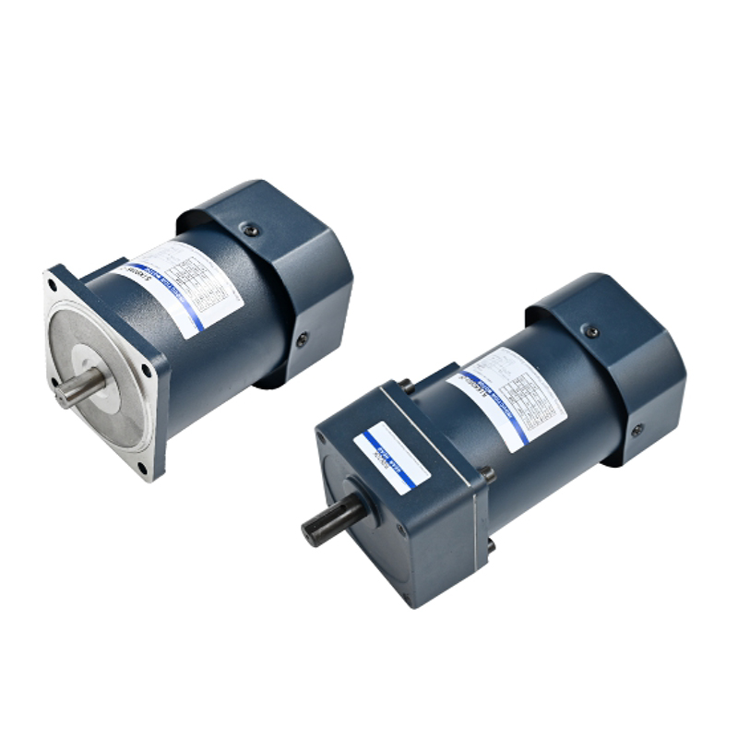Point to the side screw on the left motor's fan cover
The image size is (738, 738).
(302, 339)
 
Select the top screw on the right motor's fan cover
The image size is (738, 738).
(589, 330)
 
